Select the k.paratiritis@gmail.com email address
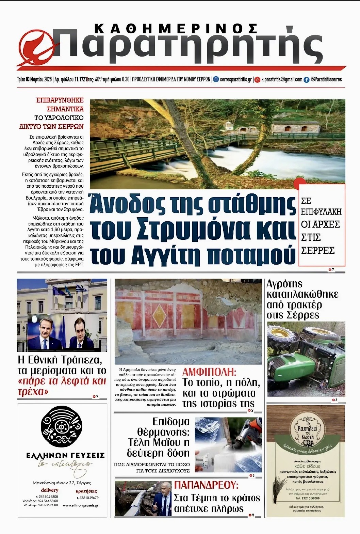(x=281, y=79)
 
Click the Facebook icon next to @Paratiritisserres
(x=306, y=80)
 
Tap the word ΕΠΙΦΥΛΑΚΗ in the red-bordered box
(x=321, y=212)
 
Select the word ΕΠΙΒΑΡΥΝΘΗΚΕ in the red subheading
(x=60, y=100)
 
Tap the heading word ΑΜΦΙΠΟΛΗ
(x=209, y=372)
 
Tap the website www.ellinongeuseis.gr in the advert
(x=80, y=505)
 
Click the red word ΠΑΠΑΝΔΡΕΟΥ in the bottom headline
(x=206, y=485)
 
